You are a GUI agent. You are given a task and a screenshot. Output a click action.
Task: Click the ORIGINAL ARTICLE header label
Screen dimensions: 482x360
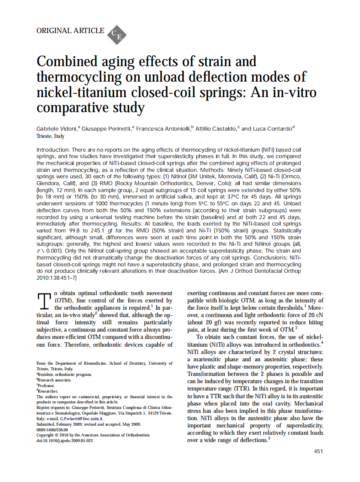pyautogui.click(x=70, y=31)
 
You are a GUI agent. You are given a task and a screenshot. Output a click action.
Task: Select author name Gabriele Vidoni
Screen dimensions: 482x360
pyautogui.click(x=57, y=128)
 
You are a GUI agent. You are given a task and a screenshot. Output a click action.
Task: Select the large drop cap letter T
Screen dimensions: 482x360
pyautogui.click(x=44, y=301)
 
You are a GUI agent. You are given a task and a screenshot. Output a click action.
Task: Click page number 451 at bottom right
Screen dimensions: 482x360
pyautogui.click(x=318, y=451)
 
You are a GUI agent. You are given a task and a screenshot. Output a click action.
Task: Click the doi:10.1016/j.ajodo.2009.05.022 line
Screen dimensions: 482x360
pyautogui.click(x=65, y=440)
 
